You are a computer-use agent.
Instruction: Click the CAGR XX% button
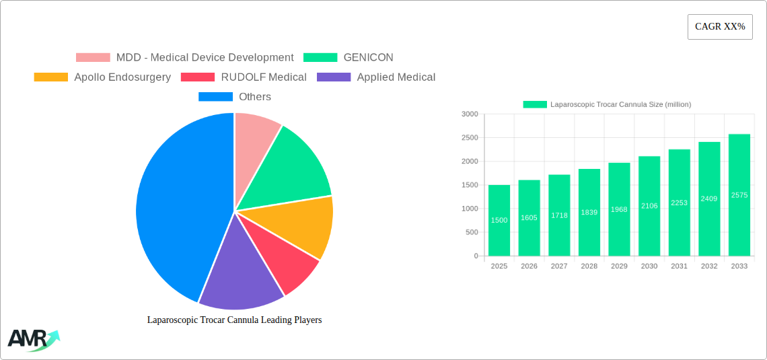[720, 27]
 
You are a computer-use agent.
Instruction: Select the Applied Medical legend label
[396, 77]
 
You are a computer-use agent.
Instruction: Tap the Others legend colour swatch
[215, 97]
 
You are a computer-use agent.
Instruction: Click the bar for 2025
[499, 221]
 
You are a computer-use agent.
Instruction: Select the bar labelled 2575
[739, 195]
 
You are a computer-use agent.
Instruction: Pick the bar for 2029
[619, 209]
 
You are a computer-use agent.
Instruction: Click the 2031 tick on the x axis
[679, 266]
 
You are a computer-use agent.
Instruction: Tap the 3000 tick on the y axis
[470, 114]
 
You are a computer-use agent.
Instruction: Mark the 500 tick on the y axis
[472, 232]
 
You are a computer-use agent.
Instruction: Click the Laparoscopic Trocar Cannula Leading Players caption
[234, 320]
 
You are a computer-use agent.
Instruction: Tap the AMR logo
[32, 339]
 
